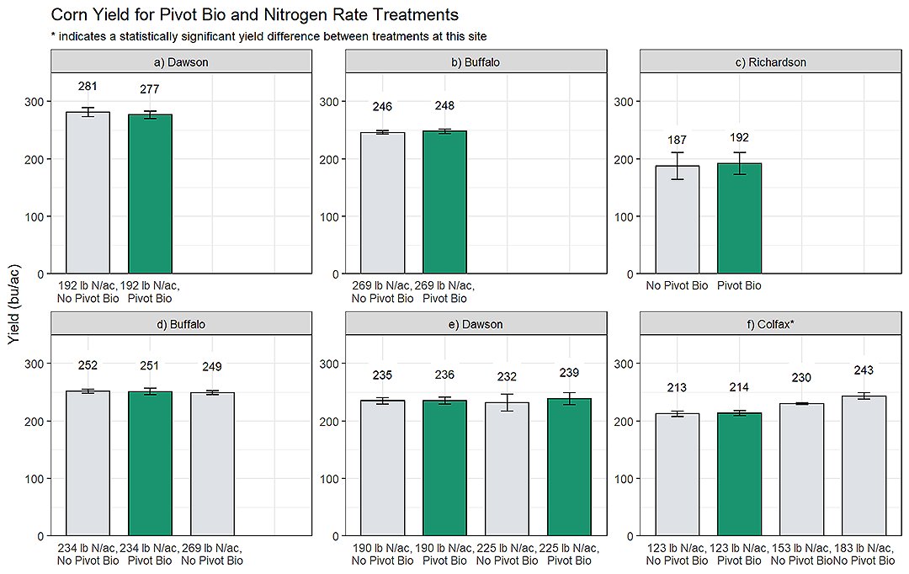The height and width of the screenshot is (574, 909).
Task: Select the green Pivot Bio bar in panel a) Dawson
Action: tap(150, 194)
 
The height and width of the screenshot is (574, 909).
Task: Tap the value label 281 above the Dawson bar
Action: tap(88, 87)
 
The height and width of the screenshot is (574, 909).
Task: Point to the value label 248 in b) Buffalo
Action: tap(444, 106)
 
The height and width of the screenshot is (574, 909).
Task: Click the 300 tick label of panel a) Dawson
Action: tap(35, 102)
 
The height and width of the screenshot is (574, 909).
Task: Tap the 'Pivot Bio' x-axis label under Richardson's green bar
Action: tap(739, 286)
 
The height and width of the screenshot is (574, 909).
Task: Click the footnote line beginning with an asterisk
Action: tap(268, 36)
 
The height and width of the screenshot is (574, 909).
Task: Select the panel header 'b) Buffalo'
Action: tap(476, 62)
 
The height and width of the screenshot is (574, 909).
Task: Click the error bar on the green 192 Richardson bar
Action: tap(739, 163)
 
